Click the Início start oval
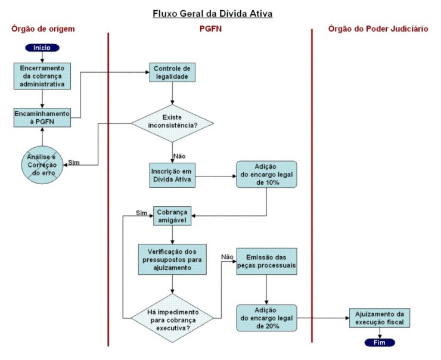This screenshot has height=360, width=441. pos(42,46)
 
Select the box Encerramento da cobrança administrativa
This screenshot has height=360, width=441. pos(42,76)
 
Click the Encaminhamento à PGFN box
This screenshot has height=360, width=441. pos(42,116)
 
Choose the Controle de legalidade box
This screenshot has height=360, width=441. pos(172,72)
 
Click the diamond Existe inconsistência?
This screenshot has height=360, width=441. pos(172,123)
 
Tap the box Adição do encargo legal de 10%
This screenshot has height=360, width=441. pos(266,175)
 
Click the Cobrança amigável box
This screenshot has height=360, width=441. pos(172,215)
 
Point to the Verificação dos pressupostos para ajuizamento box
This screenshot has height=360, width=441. pos(172,258)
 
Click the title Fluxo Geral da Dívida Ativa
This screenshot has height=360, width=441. pos(212,13)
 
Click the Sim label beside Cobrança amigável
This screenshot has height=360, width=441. pos(141,212)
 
